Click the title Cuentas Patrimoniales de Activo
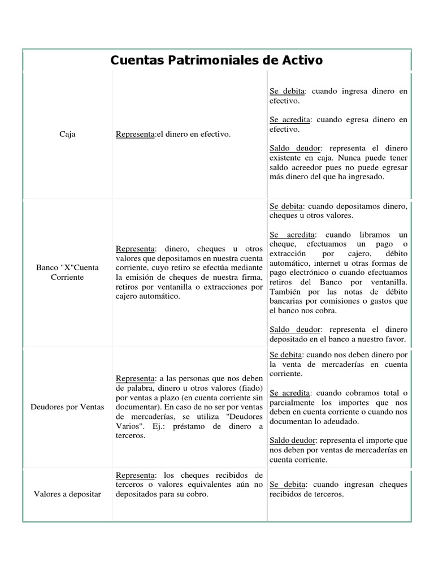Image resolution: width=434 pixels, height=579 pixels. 216,60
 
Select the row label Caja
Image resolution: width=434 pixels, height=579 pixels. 67,134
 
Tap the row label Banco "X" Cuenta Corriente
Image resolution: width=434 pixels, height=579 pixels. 67,273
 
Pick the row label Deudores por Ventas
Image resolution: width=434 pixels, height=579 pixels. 67,407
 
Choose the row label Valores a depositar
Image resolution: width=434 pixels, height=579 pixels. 67,494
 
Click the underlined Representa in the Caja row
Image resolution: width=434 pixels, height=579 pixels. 134,134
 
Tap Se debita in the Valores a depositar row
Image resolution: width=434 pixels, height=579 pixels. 287,485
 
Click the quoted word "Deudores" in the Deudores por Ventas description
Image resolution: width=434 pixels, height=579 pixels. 244,416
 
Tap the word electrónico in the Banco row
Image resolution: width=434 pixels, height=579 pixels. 311,273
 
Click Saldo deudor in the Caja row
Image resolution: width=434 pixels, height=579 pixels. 294,148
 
